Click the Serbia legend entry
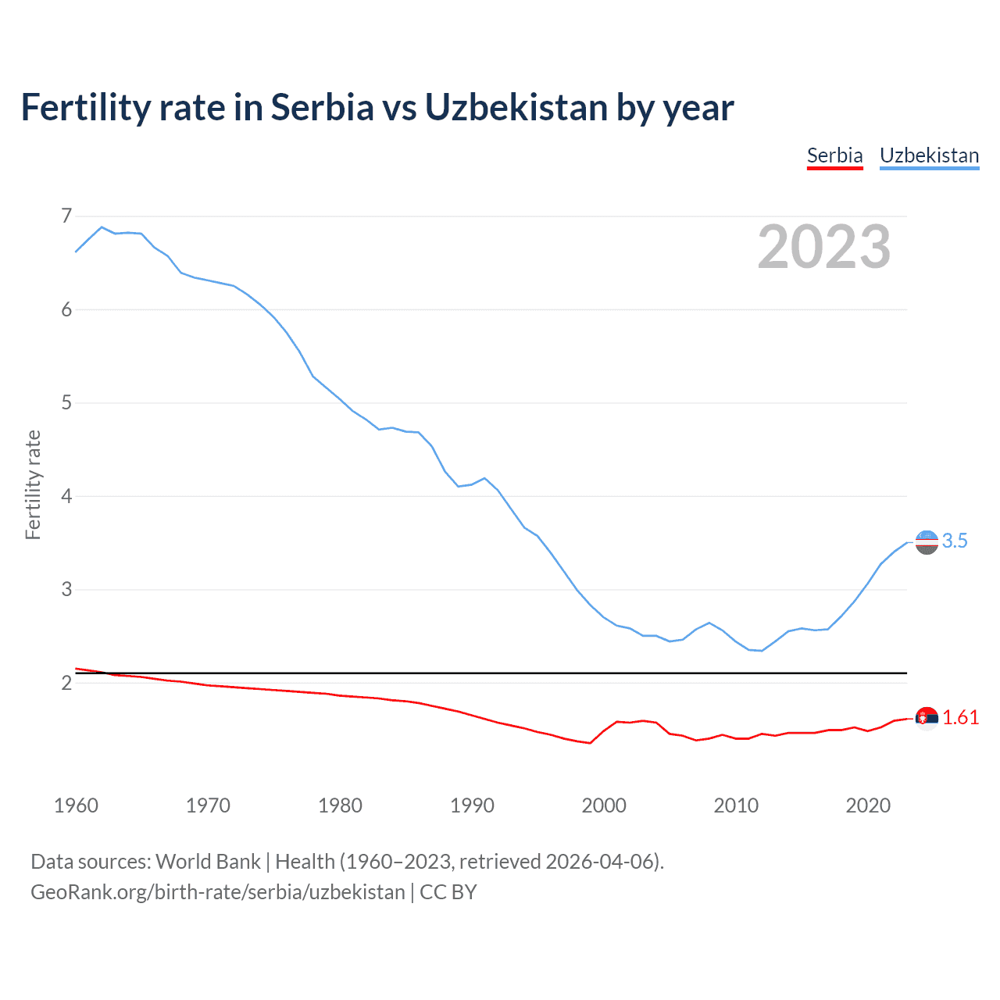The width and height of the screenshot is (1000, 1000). click(x=834, y=155)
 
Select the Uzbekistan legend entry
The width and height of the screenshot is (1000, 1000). click(x=929, y=155)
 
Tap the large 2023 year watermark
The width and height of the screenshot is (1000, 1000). click(x=824, y=247)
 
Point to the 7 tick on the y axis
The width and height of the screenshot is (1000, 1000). click(x=66, y=216)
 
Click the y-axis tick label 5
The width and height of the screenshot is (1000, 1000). click(x=66, y=403)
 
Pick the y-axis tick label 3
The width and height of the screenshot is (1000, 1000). click(x=66, y=590)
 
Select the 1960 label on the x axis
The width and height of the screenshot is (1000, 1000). click(x=76, y=805)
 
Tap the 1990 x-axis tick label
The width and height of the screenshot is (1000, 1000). click(x=472, y=805)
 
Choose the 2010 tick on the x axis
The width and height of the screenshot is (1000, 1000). click(x=736, y=805)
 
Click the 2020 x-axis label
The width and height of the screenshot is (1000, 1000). click(x=868, y=805)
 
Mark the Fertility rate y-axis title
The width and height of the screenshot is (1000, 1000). click(x=33, y=484)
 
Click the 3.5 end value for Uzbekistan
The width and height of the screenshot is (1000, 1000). click(x=955, y=541)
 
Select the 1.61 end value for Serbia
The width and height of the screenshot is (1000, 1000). click(x=960, y=717)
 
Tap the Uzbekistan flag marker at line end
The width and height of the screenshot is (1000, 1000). click(x=927, y=541)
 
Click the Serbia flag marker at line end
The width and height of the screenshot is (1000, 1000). click(x=927, y=718)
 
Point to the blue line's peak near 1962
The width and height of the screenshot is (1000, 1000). click(x=102, y=227)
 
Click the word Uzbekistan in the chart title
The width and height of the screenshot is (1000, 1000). click(x=516, y=107)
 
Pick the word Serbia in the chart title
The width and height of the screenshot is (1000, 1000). click(x=323, y=107)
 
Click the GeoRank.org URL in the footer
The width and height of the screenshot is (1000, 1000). click(x=218, y=892)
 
